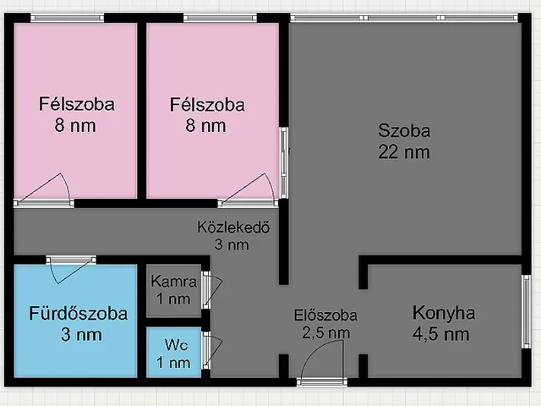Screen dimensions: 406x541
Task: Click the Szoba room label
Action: [x=404, y=131]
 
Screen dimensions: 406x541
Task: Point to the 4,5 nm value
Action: [x=440, y=334]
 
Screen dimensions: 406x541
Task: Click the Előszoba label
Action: [x=326, y=315]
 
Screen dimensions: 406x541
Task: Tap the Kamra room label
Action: [x=173, y=282]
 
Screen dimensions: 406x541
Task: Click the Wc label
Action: [x=175, y=345]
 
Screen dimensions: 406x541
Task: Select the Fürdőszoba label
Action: [x=75, y=314]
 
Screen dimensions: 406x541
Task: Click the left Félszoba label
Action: [x=76, y=105]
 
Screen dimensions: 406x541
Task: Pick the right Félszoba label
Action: [x=207, y=105]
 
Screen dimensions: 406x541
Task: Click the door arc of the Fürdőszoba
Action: [x=64, y=272]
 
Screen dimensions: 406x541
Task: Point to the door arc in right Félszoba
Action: [x=259, y=188]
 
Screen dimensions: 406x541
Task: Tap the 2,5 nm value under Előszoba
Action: [x=326, y=333]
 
